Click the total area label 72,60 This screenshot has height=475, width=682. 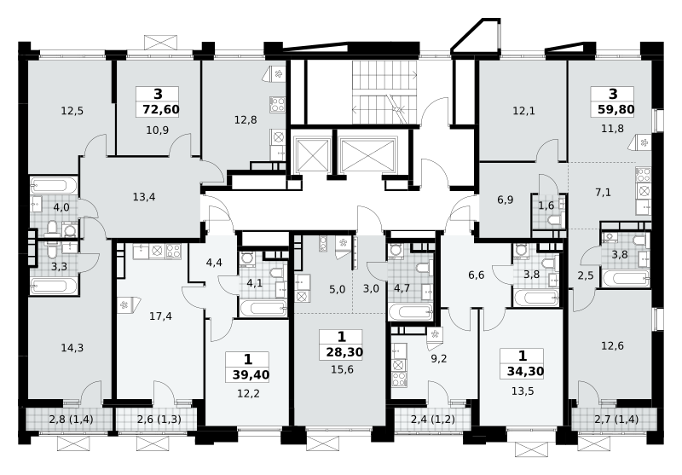tap(161, 110)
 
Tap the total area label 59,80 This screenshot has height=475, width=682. tap(616, 110)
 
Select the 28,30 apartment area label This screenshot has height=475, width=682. tap(344, 352)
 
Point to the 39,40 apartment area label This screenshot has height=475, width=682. tap(251, 375)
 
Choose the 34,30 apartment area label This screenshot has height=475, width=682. tap(525, 372)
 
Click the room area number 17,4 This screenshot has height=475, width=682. tap(160, 316)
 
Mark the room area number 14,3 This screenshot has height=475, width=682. tap(72, 348)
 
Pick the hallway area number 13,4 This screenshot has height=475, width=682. tap(144, 197)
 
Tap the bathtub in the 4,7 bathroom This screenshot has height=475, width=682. tap(411, 312)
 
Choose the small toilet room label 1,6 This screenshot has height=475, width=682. tap(546, 206)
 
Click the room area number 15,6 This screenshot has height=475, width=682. tap(343, 370)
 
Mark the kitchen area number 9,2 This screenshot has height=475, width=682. tap(439, 359)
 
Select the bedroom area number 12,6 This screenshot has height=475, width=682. tap(612, 346)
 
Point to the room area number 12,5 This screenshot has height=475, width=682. tap(72, 111)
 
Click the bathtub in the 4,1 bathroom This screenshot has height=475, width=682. tap(263, 309)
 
